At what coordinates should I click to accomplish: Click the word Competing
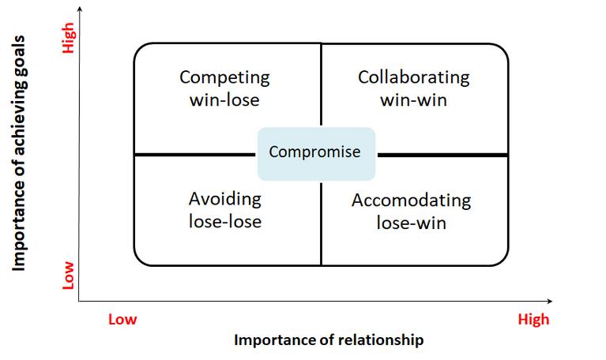click(224, 78)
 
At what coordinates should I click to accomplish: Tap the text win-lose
click(224, 100)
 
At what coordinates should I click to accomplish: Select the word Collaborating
click(413, 78)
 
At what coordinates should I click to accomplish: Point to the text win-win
click(413, 100)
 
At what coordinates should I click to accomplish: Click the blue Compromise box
click(315, 152)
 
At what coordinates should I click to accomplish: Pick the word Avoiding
click(224, 199)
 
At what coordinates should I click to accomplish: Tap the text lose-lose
click(224, 221)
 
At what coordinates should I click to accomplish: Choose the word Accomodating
click(411, 201)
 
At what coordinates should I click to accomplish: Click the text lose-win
click(411, 223)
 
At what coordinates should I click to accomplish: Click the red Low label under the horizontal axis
click(122, 320)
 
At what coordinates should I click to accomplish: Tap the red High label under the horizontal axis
click(533, 320)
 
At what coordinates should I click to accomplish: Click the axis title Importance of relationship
click(328, 340)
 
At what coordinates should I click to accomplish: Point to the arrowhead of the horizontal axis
click(548, 301)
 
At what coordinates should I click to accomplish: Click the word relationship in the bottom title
click(383, 340)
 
